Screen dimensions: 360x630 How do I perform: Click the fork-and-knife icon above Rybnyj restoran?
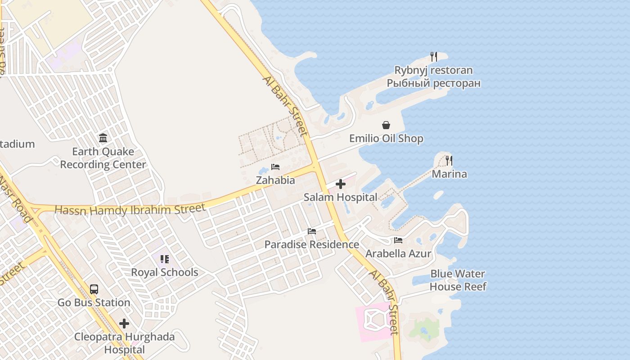pyautogui.click(x=434, y=57)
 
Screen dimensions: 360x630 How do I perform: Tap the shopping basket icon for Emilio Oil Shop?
pyautogui.click(x=386, y=125)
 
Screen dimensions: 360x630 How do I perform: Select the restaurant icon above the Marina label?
pyautogui.click(x=449, y=161)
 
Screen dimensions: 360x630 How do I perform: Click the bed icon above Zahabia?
pyautogui.click(x=275, y=167)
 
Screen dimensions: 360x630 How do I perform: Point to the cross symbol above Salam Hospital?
pyautogui.click(x=341, y=184)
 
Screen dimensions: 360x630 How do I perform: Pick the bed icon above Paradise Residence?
pyautogui.click(x=311, y=231)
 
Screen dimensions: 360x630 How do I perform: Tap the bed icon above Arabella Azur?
pyautogui.click(x=398, y=240)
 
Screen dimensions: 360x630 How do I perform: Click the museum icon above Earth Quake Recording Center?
pyautogui.click(x=103, y=138)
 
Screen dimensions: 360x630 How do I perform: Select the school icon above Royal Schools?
pyautogui.click(x=164, y=259)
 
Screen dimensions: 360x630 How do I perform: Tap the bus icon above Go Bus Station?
pyautogui.click(x=94, y=289)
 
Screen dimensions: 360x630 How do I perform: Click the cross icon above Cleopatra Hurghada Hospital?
pyautogui.click(x=124, y=324)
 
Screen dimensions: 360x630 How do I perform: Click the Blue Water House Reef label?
pyautogui.click(x=458, y=280)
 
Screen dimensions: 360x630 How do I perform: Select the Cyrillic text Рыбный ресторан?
pyautogui.click(x=434, y=83)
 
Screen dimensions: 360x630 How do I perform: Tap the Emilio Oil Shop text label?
pyautogui.click(x=386, y=138)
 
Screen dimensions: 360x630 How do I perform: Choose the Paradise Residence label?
pyautogui.click(x=311, y=244)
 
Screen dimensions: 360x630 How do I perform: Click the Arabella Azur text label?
pyautogui.click(x=398, y=253)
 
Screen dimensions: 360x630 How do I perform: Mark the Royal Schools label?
pyautogui.click(x=164, y=272)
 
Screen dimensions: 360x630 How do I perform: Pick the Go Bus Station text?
pyautogui.click(x=94, y=302)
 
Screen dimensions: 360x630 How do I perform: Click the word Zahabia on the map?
pyautogui.click(x=275, y=180)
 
